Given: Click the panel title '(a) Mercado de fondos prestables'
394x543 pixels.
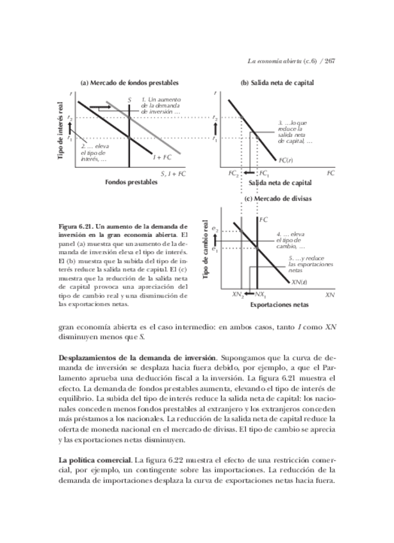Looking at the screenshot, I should pyautogui.click(x=129, y=83).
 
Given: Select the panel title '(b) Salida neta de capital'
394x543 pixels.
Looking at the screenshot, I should pyautogui.click(x=277, y=83).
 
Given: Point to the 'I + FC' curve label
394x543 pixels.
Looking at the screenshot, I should pyautogui.click(x=161, y=156).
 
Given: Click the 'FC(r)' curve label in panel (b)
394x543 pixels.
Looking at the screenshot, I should pyautogui.click(x=286, y=160).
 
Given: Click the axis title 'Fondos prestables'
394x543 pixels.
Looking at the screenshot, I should pyautogui.click(x=131, y=182).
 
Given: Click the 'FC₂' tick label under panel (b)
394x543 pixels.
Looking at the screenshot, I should pyautogui.click(x=233, y=174).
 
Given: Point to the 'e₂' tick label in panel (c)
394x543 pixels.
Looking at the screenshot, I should pyautogui.click(x=215, y=229).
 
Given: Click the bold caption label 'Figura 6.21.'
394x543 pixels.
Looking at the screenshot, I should pyautogui.click(x=77, y=227).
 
